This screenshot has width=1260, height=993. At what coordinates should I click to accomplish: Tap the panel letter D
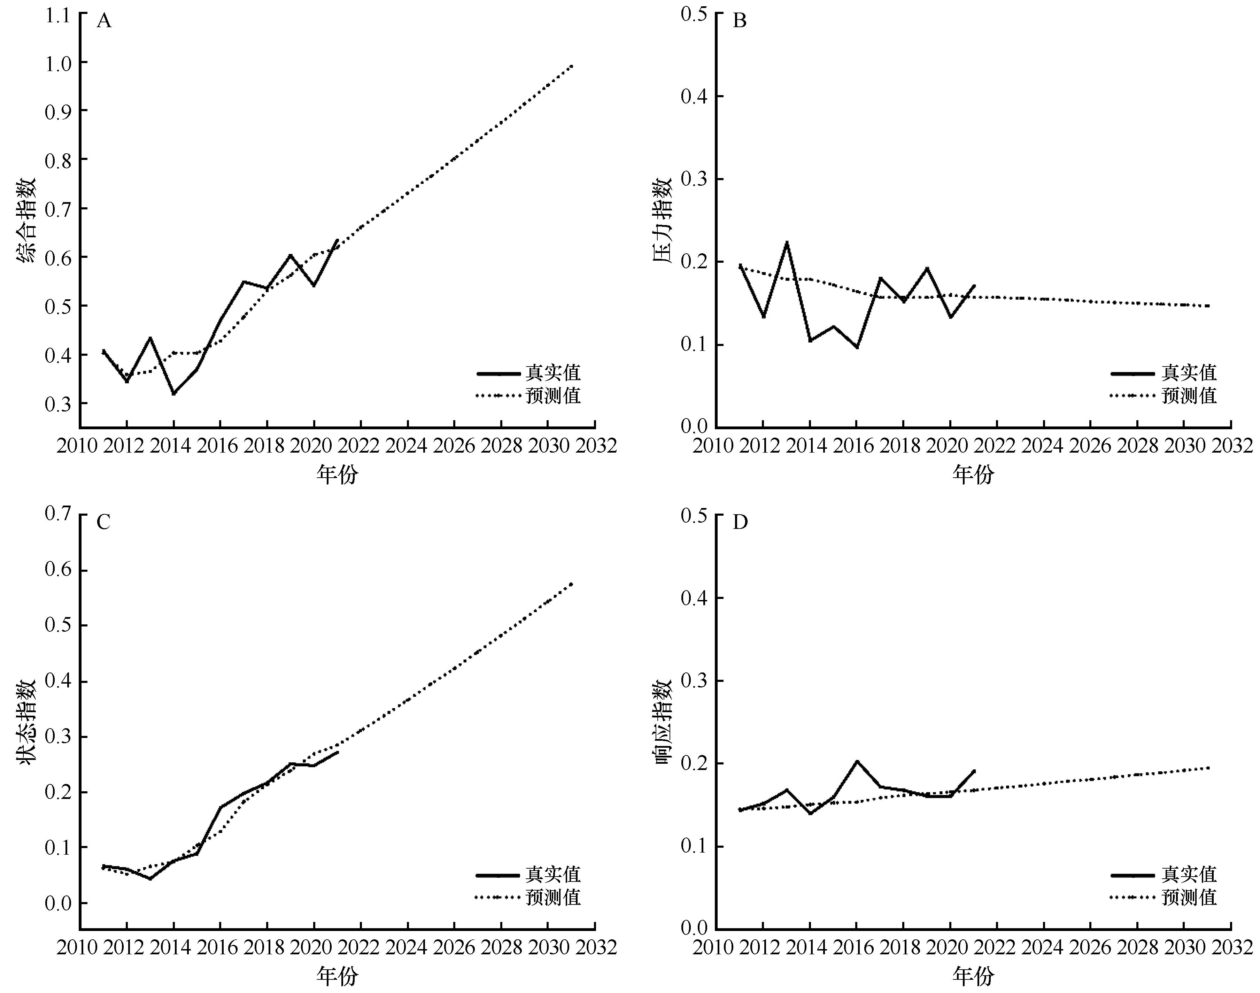pyautogui.click(x=740, y=523)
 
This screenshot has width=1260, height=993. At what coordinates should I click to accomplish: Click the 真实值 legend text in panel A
pyautogui.click(x=553, y=373)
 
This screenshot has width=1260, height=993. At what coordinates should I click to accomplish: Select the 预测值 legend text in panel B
pyautogui.click(x=1189, y=396)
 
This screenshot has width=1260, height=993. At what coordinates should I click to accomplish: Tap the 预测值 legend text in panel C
pyautogui.click(x=553, y=898)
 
